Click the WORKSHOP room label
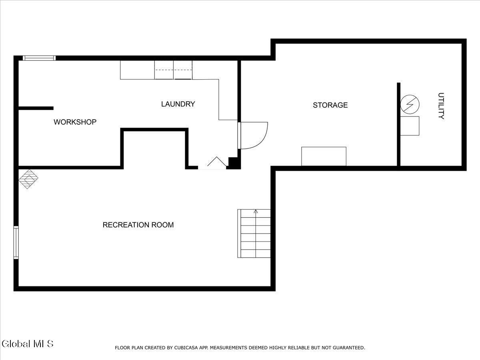[75, 122]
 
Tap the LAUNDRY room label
[178, 104]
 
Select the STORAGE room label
[330, 105]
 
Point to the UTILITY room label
[441, 106]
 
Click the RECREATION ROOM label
[138, 225]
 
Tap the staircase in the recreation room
[254, 234]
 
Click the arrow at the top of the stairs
[256, 212]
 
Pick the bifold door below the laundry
[216, 162]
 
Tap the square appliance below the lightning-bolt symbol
[410, 126]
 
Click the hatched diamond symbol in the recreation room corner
[28, 179]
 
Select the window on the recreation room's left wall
[16, 242]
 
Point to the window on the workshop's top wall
[39, 58]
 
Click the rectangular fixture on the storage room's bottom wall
[324, 156]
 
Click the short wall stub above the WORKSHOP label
[36, 108]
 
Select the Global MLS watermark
[27, 344]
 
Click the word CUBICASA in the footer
[185, 348]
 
